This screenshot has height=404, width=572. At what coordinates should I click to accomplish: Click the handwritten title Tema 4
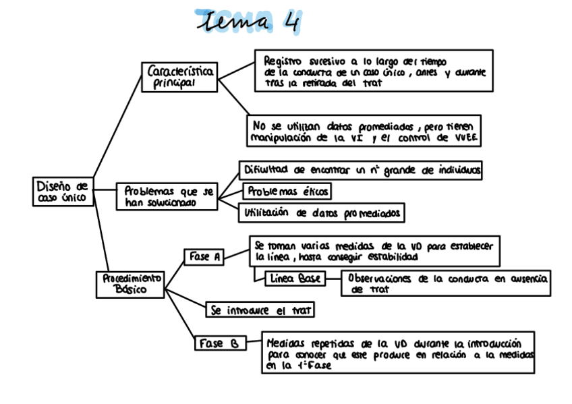click(246, 22)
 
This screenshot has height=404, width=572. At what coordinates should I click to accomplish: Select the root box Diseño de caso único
click(63, 192)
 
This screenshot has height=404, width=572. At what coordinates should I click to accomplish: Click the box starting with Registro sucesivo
click(373, 71)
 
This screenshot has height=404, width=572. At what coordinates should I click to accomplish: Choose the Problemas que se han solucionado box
click(169, 196)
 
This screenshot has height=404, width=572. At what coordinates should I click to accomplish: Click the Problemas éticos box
click(287, 192)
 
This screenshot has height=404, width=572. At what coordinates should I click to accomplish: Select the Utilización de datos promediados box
click(321, 213)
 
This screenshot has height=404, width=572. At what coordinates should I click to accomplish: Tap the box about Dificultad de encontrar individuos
click(361, 171)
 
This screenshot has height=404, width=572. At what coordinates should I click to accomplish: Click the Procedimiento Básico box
click(131, 284)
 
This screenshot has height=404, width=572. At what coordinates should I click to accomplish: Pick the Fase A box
click(204, 257)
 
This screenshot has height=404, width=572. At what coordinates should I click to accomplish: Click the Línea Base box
click(295, 278)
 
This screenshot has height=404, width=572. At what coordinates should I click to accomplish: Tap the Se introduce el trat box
click(260, 310)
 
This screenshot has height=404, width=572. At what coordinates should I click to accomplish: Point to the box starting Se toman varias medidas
click(374, 251)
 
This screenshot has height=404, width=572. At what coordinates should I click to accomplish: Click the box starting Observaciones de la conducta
click(446, 283)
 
